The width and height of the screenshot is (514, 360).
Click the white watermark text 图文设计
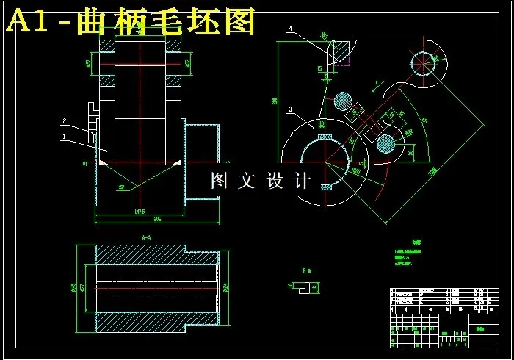point(261,181)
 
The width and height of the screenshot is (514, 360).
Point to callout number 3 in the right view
point(291,109)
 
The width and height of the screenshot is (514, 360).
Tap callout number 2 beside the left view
point(65,120)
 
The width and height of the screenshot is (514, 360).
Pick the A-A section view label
point(145,237)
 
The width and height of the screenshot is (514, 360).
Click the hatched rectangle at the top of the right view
point(341,52)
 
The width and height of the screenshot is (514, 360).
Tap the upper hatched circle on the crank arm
point(343,101)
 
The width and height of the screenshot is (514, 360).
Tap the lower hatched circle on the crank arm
point(385,143)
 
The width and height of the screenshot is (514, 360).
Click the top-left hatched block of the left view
point(107,46)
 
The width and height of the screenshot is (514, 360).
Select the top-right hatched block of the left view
point(174,46)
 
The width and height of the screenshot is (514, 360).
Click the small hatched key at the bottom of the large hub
point(326,187)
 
